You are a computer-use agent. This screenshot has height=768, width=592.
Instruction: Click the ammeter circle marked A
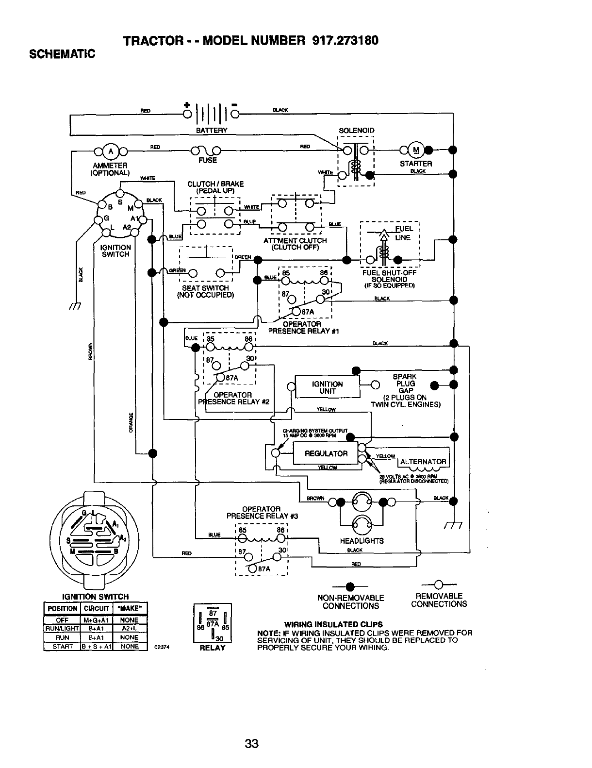[111, 150]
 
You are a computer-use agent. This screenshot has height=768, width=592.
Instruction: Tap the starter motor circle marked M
[416, 150]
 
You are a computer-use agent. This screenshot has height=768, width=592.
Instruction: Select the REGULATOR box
[326, 454]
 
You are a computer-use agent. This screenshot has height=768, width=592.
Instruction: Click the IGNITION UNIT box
[328, 387]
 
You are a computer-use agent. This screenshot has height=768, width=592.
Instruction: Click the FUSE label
[208, 160]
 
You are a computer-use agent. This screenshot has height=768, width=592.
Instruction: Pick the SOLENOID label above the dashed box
[356, 131]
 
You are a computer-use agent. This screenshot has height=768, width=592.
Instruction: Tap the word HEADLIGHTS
[362, 541]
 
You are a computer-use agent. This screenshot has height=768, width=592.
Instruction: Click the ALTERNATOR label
[423, 462]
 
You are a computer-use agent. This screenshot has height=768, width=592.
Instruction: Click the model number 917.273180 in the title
[343, 40]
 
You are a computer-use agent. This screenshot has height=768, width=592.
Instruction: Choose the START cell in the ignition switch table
[62, 647]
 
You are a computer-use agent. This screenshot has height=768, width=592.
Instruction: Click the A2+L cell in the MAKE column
[130, 629]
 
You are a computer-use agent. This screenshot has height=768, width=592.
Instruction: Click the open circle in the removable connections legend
[438, 584]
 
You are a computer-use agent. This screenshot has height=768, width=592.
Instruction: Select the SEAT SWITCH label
[205, 288]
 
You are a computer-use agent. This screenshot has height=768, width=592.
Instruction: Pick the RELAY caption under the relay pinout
[213, 648]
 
